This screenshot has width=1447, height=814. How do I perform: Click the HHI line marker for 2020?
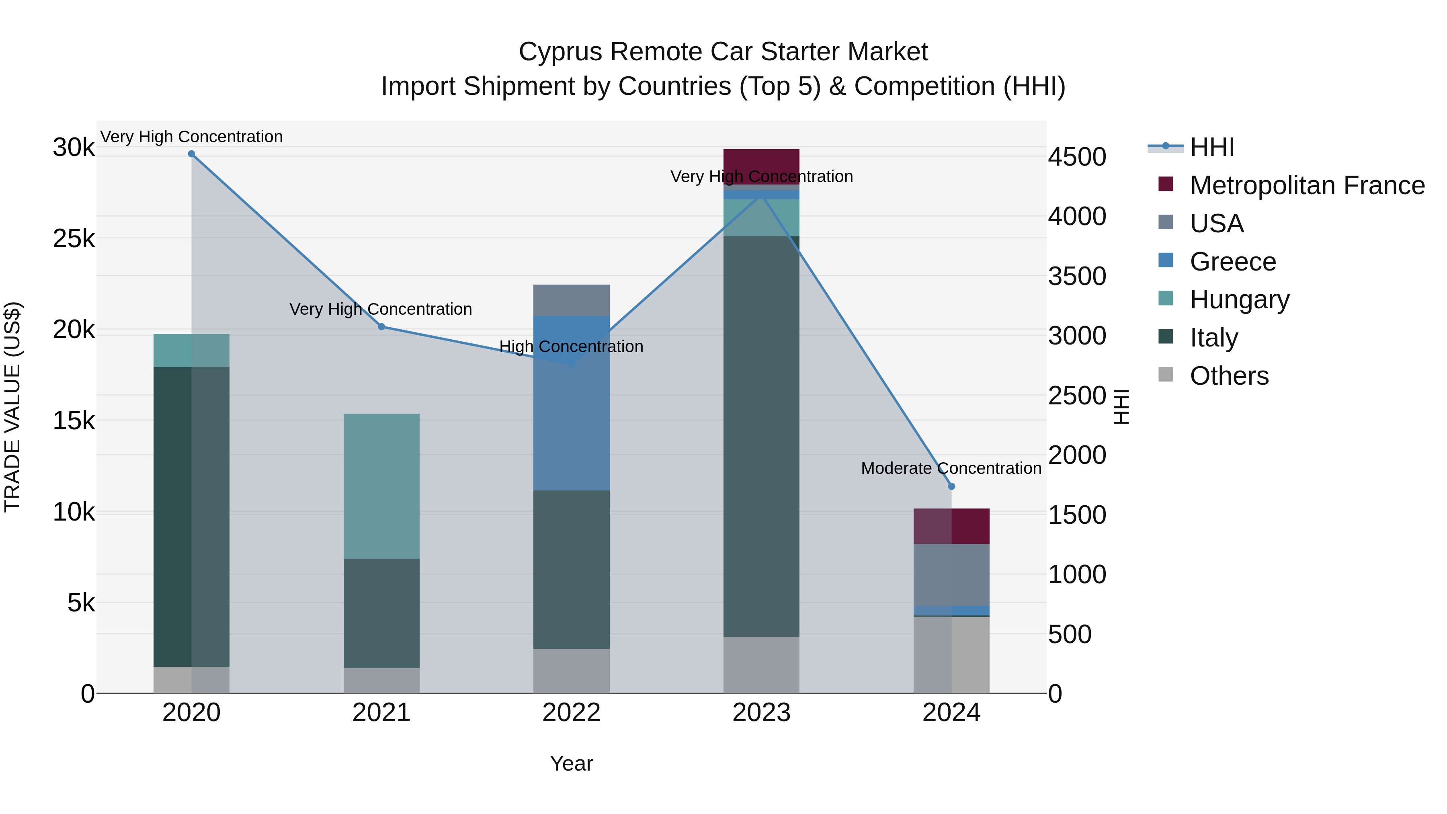tap(192, 154)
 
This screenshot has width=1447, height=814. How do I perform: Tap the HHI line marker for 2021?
tap(381, 327)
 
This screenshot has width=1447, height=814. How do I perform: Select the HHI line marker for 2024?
tap(951, 486)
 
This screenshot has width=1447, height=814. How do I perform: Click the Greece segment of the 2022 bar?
tap(571, 403)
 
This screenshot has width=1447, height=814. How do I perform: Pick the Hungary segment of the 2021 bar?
tap(381, 486)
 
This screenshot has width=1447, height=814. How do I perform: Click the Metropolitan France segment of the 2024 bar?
tap(951, 526)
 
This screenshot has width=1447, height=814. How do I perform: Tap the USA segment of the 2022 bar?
tap(571, 301)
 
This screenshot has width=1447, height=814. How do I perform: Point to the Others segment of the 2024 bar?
tap(951, 655)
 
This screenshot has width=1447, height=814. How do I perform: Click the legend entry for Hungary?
tap(1239, 299)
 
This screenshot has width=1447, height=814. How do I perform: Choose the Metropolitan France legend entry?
tap(1307, 185)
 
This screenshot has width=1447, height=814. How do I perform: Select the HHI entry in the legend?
tap(1211, 147)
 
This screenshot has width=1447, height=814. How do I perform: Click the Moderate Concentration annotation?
tap(951, 469)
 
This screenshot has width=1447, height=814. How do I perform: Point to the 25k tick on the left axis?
tap(74, 239)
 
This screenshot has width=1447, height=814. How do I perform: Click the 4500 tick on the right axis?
tap(1077, 157)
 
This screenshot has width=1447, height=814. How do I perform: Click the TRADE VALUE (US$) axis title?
tap(13, 407)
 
